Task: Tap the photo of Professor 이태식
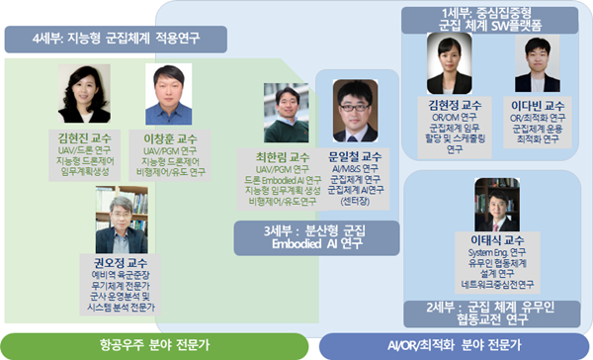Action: (x=496, y=204)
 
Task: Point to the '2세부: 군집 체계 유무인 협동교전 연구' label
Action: (x=494, y=313)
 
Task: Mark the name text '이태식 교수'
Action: (x=496, y=240)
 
